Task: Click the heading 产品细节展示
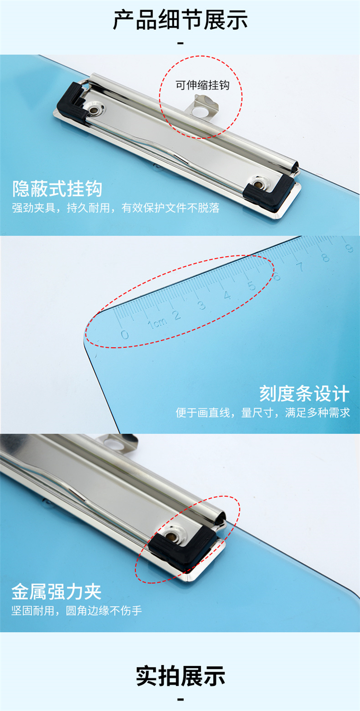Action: [x=180, y=20]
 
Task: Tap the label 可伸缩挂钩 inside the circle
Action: [x=203, y=85]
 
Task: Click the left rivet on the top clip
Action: [x=94, y=110]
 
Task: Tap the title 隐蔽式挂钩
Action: [x=57, y=189]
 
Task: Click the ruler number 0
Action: [x=125, y=334]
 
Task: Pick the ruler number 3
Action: [x=202, y=305]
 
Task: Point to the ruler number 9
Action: [x=349, y=248]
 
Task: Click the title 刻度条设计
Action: [x=304, y=393]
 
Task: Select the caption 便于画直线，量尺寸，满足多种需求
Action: [x=263, y=413]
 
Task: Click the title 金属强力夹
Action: [x=57, y=592]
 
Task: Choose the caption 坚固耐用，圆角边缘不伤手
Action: [x=76, y=611]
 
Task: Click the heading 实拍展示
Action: [x=180, y=676]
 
